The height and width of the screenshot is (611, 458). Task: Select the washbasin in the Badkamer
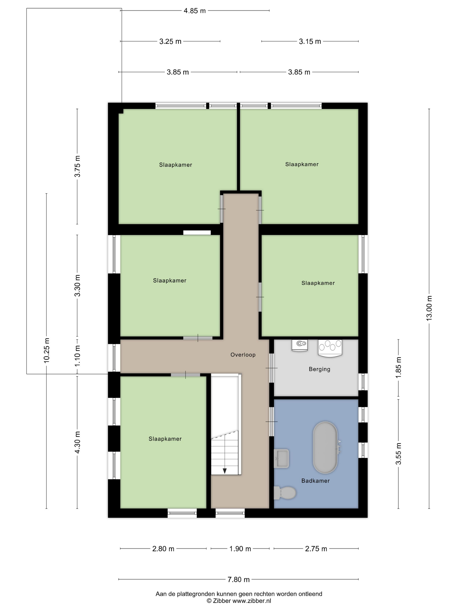click(281, 458)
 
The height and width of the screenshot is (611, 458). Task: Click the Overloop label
click(243, 355)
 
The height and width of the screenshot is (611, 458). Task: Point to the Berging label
click(320, 369)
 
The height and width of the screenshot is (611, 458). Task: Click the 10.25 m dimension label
click(46, 350)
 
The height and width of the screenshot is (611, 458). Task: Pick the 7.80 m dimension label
click(239, 577)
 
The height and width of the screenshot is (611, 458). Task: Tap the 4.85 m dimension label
click(195, 11)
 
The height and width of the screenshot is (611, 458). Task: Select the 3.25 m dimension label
click(170, 41)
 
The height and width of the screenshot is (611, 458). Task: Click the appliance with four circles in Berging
click(330, 348)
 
